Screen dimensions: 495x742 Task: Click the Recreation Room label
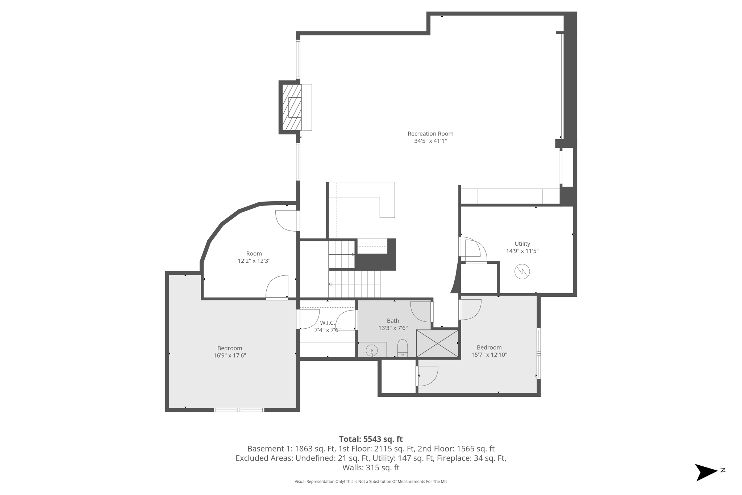coord(430,134)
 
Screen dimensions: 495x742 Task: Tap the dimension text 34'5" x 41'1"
coord(430,141)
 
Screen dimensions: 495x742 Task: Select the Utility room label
coord(522,244)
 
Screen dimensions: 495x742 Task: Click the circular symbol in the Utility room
coord(522,271)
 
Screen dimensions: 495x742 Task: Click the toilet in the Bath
coord(403,348)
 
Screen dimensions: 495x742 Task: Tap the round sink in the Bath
coord(372,350)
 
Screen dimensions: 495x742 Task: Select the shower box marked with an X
coord(437,343)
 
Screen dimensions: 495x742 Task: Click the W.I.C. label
coord(327,323)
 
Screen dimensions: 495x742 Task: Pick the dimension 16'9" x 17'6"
coord(230,355)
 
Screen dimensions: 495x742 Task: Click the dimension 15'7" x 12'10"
coord(489,355)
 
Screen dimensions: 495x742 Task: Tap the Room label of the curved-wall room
coord(254,254)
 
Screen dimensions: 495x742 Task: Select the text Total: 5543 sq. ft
coord(371,439)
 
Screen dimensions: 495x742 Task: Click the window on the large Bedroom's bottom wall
coord(239,410)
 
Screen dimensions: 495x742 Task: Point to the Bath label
coord(393,321)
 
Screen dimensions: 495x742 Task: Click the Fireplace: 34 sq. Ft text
coord(471,458)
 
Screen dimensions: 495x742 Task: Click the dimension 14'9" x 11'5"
coord(522,251)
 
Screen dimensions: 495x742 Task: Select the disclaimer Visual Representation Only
coord(371,482)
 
